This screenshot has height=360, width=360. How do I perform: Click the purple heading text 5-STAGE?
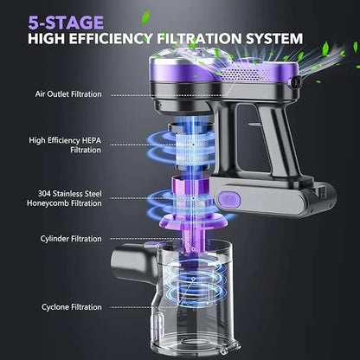(x=66, y=22)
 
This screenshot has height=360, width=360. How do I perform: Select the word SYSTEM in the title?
(x=274, y=39)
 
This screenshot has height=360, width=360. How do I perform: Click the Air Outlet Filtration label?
(x=68, y=94)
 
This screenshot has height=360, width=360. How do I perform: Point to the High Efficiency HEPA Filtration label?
(x=65, y=145)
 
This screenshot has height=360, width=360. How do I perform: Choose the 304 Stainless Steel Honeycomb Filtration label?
(x=64, y=198)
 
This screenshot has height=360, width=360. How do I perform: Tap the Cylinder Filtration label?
(x=71, y=239)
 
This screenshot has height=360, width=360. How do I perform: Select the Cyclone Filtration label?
(x=72, y=307)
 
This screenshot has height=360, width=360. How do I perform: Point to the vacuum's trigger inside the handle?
(x=253, y=125)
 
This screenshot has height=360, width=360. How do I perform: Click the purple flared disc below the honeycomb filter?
(x=192, y=221)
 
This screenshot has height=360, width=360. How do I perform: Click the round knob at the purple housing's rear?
(x=295, y=82)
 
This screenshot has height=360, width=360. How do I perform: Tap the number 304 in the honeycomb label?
(x=44, y=193)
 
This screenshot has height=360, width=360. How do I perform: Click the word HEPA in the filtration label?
(x=92, y=140)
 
